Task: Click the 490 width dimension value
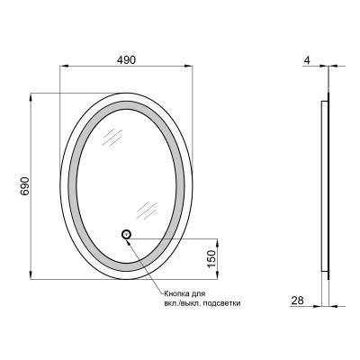point(126,59)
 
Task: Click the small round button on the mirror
point(126,237)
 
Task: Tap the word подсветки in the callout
point(220,304)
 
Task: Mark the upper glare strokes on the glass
point(113,136)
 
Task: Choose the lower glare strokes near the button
point(144,210)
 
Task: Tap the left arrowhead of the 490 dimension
point(63,67)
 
